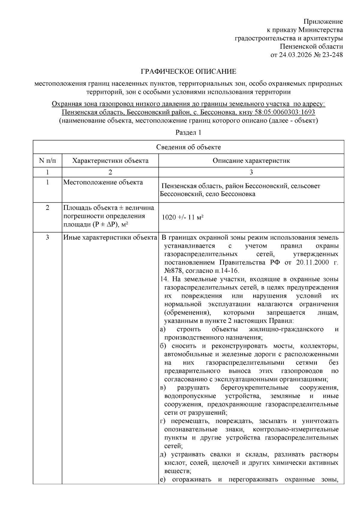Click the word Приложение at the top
[323, 22]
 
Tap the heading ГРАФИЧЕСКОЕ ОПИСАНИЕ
[188, 72]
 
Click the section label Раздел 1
[188, 133]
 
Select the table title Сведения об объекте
[188, 147]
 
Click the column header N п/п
[47, 161]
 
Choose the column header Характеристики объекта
[110, 161]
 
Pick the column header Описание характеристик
[251, 161]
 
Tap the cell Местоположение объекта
[103, 183]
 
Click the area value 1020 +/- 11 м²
[183, 218]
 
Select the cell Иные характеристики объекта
[110, 238]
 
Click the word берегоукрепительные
[254, 388]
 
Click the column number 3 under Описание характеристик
[251, 172]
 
